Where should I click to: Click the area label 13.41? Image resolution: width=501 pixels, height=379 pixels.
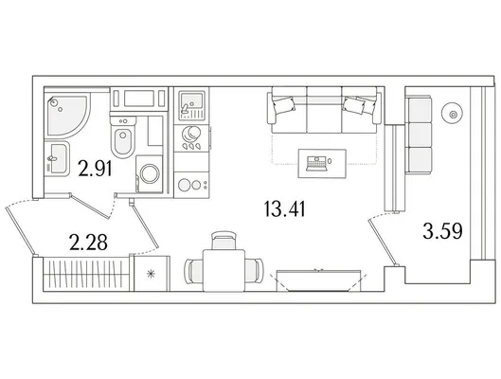[x=285, y=208]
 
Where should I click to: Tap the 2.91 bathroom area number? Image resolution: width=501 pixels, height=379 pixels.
[x=96, y=169]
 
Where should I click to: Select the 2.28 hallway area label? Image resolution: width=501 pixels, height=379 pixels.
[x=88, y=243]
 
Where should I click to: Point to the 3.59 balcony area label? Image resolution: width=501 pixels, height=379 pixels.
[x=442, y=231]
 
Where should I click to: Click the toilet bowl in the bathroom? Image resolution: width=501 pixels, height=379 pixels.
[x=123, y=141]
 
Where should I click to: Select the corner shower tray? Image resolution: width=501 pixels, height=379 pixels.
[x=67, y=116]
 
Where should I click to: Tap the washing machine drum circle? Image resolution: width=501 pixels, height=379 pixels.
[x=150, y=173]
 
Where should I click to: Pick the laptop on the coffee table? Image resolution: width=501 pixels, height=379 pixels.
[x=316, y=163]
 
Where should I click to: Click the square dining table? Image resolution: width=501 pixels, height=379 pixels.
[x=224, y=270]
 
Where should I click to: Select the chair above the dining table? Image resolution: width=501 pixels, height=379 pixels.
[x=224, y=241]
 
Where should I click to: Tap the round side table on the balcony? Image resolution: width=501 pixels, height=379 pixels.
[x=452, y=114]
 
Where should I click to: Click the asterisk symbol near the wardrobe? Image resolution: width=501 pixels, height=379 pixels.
[x=151, y=274]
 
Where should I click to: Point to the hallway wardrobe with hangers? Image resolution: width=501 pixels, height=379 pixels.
[x=86, y=274]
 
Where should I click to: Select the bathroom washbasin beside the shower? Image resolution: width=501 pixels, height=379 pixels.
[x=57, y=158]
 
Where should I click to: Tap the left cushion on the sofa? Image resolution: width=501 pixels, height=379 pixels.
[x=283, y=105]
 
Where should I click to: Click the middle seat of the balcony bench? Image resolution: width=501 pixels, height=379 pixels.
[x=420, y=135]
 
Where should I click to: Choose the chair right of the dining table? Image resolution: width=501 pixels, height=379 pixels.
[x=255, y=270]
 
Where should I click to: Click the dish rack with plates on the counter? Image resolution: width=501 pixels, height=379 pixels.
[x=191, y=136]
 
